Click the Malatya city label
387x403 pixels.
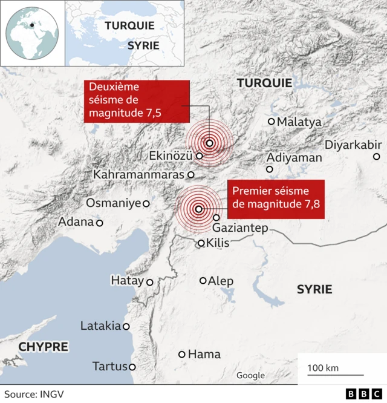(x=299, y=122)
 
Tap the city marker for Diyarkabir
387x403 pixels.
(x=376, y=157)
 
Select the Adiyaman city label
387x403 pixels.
(x=294, y=157)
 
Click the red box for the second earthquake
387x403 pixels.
(x=136, y=101)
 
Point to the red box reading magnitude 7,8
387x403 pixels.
(x=276, y=198)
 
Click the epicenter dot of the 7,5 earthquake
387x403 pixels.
(x=209, y=143)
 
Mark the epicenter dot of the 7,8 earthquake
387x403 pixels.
(x=199, y=209)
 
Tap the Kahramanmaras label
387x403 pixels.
(x=138, y=174)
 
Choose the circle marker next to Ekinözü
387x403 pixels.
(x=199, y=156)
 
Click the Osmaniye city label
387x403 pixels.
(x=113, y=203)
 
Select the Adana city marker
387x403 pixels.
(x=100, y=223)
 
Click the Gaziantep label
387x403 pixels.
(x=240, y=228)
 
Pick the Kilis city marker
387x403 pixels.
(x=201, y=243)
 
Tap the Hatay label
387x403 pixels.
(x=127, y=281)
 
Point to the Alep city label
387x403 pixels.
(x=221, y=281)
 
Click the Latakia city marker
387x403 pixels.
(x=126, y=326)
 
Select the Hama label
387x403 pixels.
(x=204, y=354)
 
